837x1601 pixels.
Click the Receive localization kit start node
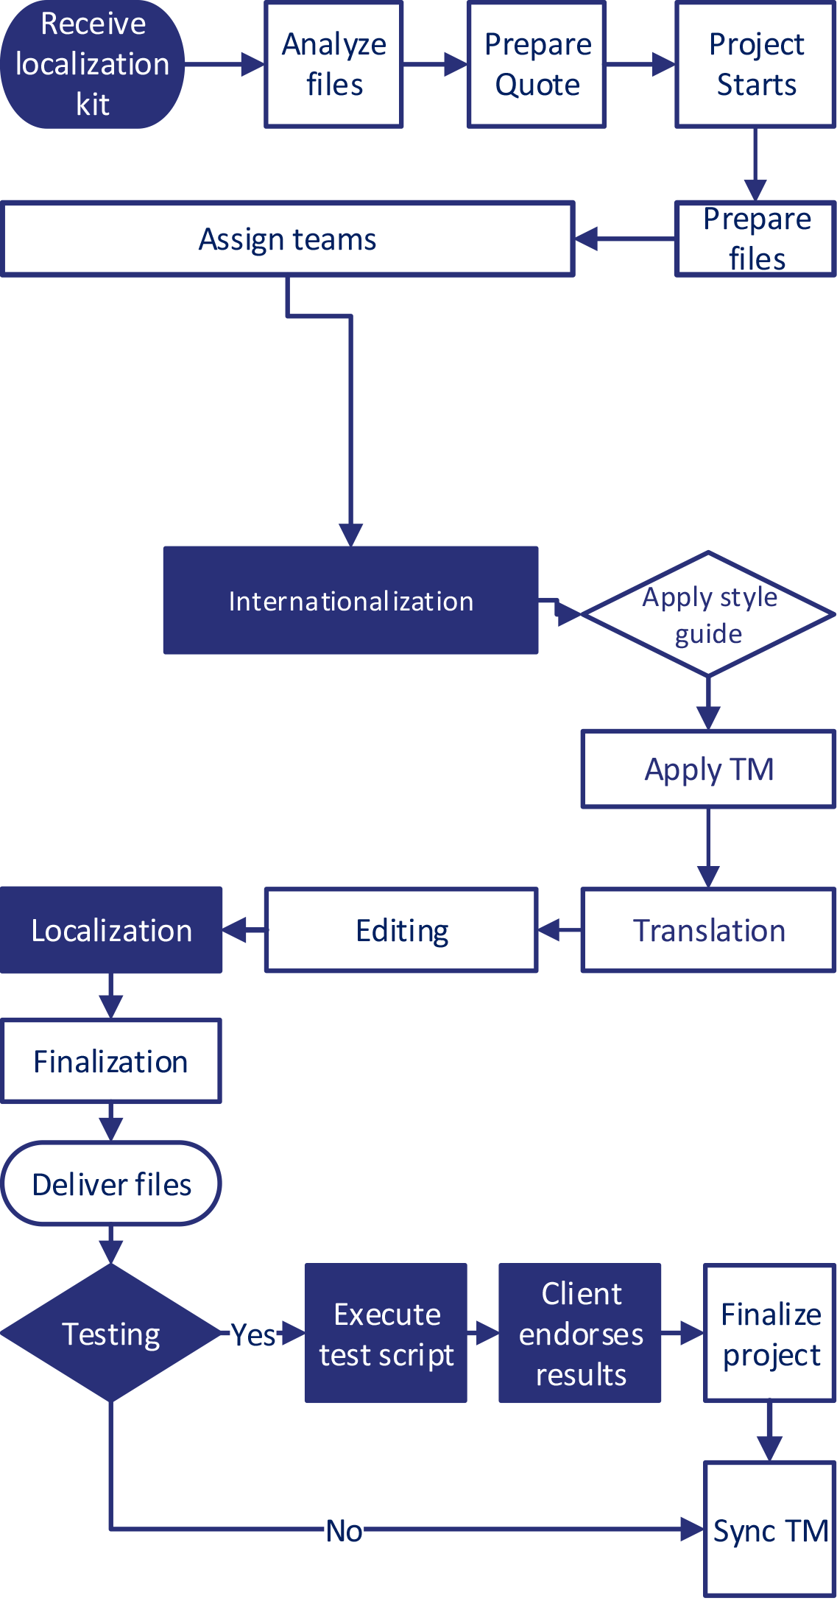click(x=92, y=65)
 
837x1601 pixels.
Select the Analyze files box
click(x=334, y=65)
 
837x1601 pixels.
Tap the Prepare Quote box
click(x=537, y=65)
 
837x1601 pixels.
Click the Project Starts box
click(x=755, y=65)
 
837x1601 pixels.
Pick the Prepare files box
click(x=755, y=239)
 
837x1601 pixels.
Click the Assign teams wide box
click(x=288, y=239)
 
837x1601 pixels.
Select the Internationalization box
click(x=350, y=601)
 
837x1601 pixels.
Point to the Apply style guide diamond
click(x=708, y=614)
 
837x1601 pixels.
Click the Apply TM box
click(x=708, y=770)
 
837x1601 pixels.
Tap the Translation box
click(x=708, y=931)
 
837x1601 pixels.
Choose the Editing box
click(x=401, y=931)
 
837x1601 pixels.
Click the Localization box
click(x=111, y=931)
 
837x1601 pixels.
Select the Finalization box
click(x=111, y=1061)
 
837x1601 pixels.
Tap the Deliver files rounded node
click(x=111, y=1184)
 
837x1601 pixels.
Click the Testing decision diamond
click(x=111, y=1334)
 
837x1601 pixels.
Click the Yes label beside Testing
click(x=253, y=1334)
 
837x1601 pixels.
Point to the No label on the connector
click(x=344, y=1530)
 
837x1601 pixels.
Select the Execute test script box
click(x=386, y=1334)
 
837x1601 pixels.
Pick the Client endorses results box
click(x=580, y=1334)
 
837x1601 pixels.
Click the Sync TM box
click(x=770, y=1530)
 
